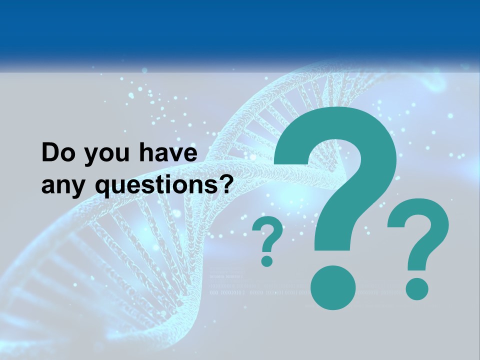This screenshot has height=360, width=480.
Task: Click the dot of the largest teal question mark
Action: [x=333, y=288]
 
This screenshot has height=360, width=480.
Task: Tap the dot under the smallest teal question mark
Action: [x=267, y=260]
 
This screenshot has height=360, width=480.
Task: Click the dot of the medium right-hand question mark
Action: [x=416, y=288]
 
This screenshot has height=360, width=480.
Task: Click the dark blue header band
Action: [x=240, y=27]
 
